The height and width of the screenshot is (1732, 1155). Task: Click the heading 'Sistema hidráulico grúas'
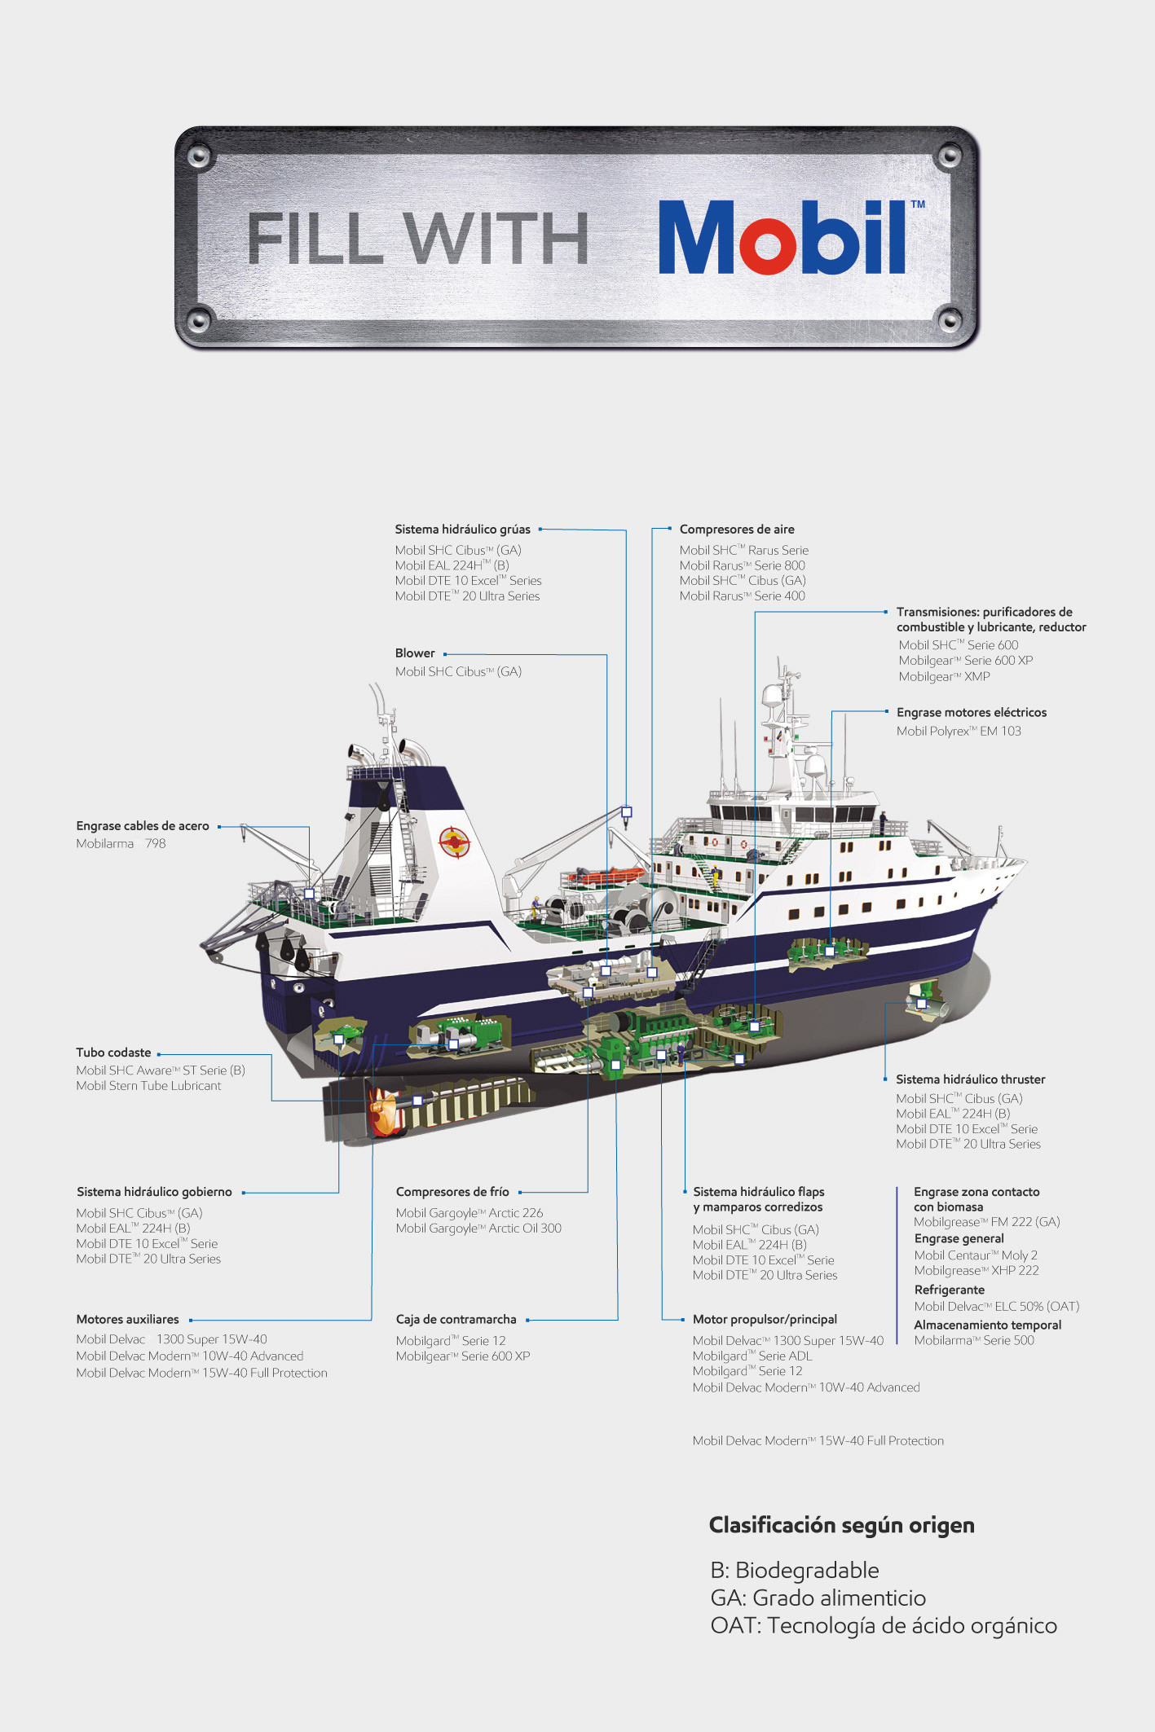(x=462, y=530)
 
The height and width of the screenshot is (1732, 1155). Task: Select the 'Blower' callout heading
(x=415, y=653)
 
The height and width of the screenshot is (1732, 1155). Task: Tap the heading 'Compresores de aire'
(x=737, y=530)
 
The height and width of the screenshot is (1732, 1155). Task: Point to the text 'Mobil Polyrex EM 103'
(x=959, y=732)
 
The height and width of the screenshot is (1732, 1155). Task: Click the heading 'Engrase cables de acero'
(x=143, y=826)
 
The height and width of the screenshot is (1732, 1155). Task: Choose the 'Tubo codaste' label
(x=113, y=1053)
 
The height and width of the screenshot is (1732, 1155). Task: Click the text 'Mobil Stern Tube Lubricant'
(x=148, y=1086)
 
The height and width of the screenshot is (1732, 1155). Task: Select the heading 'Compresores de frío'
(x=452, y=1192)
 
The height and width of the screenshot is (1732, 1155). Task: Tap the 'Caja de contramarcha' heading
(x=456, y=1320)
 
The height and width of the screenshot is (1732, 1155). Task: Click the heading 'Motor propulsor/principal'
(x=765, y=1320)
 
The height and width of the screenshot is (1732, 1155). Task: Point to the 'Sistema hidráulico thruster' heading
(x=970, y=1079)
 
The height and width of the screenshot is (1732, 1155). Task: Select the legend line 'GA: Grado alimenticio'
(x=818, y=1598)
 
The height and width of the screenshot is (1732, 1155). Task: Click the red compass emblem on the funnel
(x=454, y=842)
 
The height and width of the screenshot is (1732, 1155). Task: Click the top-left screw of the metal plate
(x=198, y=155)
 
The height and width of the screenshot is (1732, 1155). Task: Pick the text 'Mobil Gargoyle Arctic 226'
(x=469, y=1213)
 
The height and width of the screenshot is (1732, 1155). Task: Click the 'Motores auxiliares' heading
(x=127, y=1320)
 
